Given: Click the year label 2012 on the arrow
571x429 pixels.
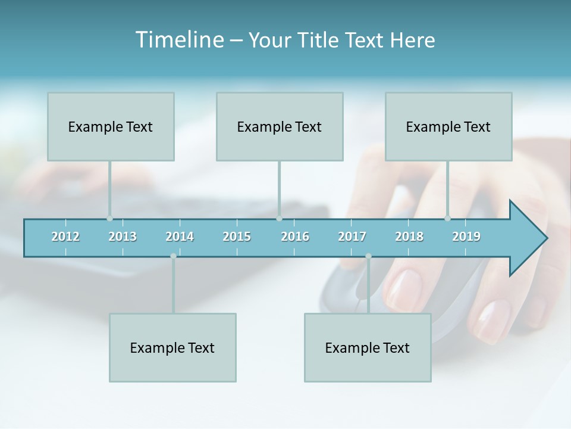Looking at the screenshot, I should (x=65, y=237).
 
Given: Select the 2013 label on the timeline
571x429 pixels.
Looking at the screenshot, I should (x=123, y=237).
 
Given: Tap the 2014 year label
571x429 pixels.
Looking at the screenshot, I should (x=180, y=237).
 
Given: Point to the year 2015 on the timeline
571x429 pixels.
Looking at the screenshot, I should (x=237, y=237).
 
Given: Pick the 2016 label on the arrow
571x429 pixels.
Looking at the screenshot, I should (x=295, y=237).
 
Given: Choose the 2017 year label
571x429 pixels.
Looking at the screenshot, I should (x=352, y=237).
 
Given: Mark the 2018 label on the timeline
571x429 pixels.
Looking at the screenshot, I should (x=409, y=237).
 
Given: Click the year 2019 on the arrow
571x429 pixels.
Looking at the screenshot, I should (x=466, y=237).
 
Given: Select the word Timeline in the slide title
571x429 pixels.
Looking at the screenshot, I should (x=179, y=40).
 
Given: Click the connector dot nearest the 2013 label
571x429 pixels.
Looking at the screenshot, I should (x=109, y=219).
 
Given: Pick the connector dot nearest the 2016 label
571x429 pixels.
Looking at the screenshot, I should (x=279, y=219).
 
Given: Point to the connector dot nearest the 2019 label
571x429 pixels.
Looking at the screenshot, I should (x=448, y=219).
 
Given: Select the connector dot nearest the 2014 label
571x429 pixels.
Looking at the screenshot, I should (x=173, y=256).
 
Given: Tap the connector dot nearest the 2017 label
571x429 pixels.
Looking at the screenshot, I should (x=368, y=256).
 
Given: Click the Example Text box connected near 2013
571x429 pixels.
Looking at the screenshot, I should (x=111, y=126).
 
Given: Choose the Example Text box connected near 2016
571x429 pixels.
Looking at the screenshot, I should (x=280, y=126).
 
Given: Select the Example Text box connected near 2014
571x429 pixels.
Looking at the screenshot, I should (x=172, y=347).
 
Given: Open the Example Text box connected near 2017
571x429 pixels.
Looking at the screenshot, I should (x=368, y=347).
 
